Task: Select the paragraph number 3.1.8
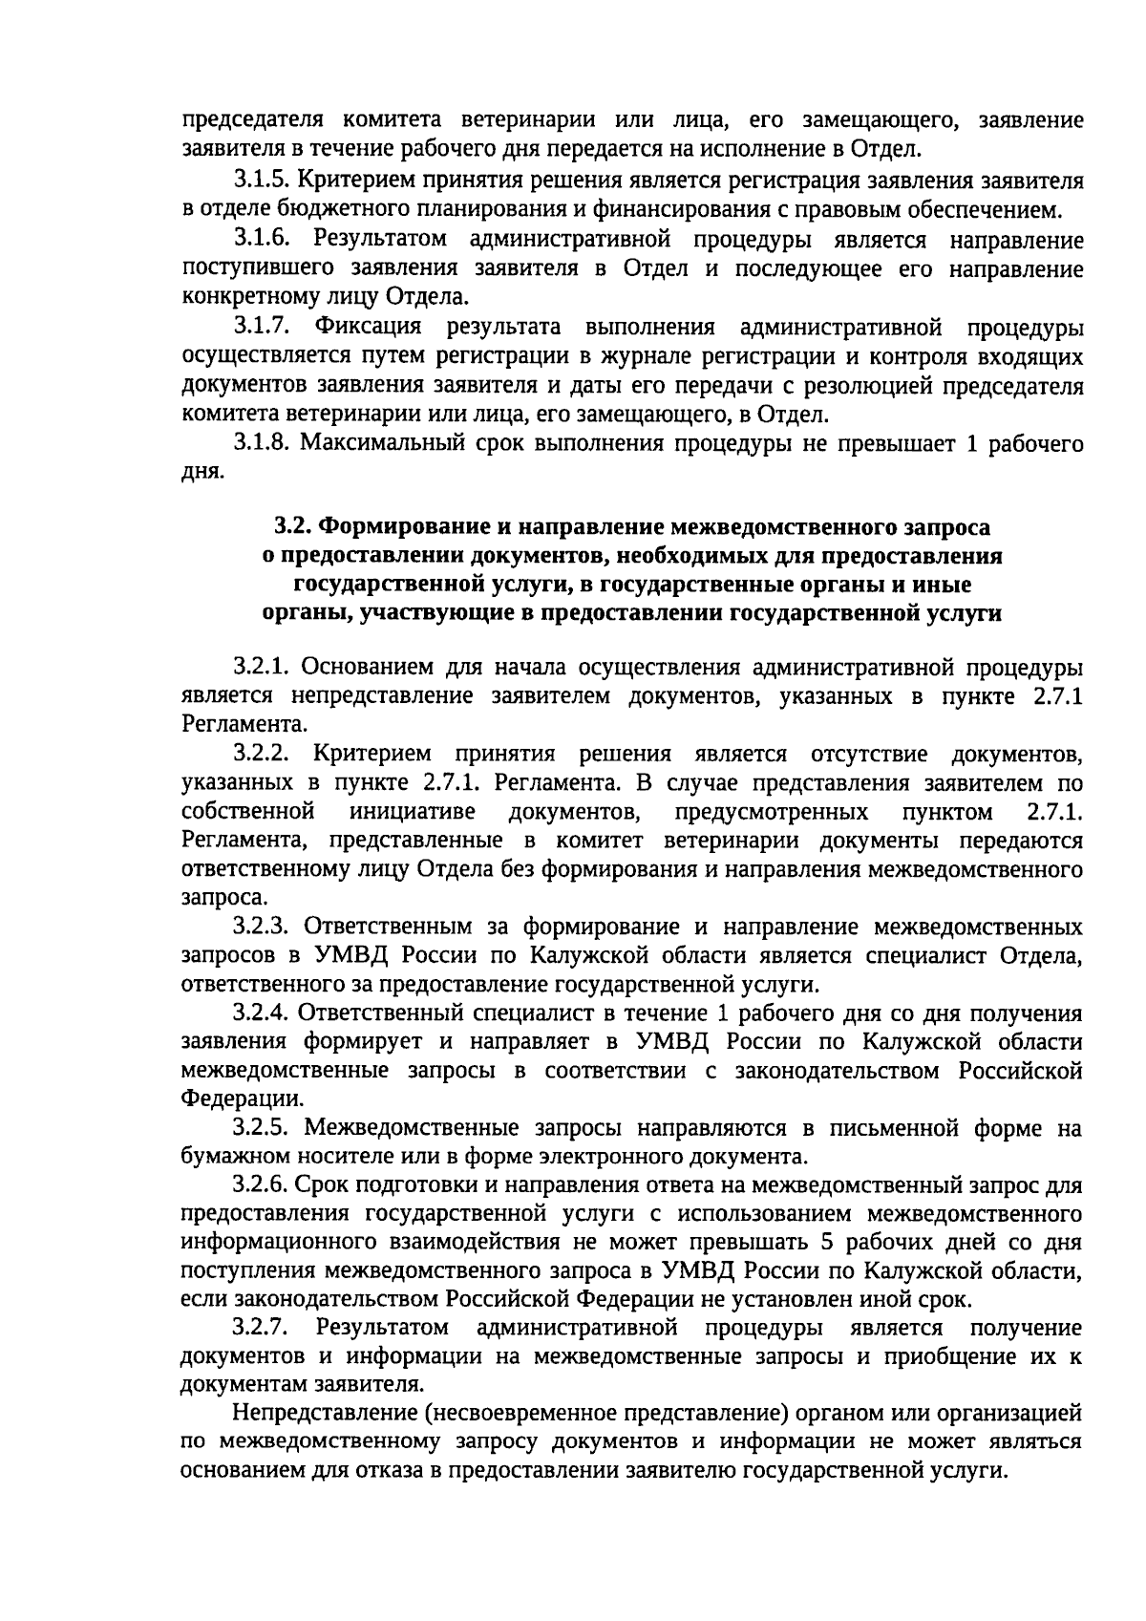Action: coord(261,443)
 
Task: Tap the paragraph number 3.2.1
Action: coord(261,666)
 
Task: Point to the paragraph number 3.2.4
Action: coord(261,1013)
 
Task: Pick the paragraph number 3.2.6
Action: coord(261,1185)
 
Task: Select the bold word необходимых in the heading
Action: coord(711,555)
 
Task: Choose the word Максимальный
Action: coord(371,443)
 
